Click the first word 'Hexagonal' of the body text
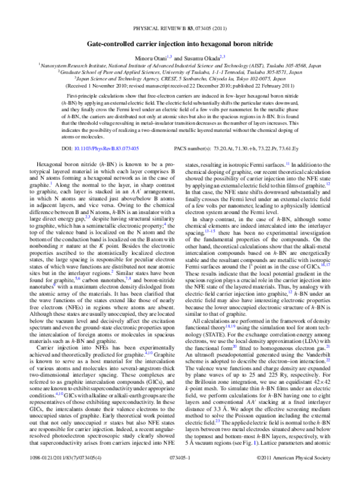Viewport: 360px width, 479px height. tap(50, 162)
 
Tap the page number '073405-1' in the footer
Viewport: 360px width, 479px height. tap(179, 473)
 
